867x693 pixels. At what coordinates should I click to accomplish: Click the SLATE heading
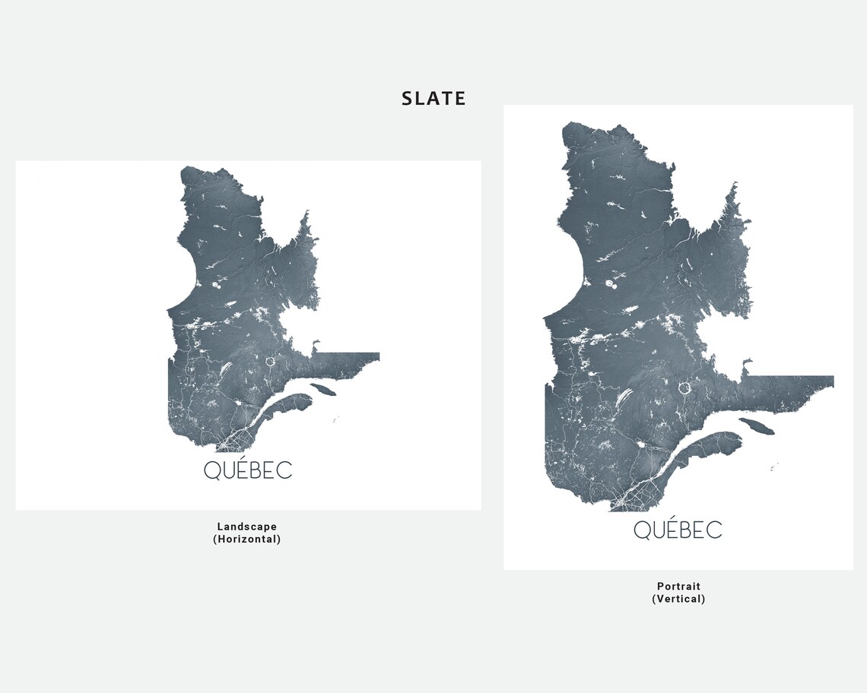pyautogui.click(x=433, y=98)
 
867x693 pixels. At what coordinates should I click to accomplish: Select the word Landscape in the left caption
pyautogui.click(x=247, y=527)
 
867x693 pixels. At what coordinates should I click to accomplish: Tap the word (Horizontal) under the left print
pyautogui.click(x=247, y=540)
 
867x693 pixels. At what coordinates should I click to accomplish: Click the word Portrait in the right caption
pyautogui.click(x=678, y=587)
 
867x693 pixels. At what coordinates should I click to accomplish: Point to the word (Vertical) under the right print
pyautogui.click(x=678, y=599)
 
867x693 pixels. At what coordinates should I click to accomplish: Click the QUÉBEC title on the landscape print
pyautogui.click(x=248, y=470)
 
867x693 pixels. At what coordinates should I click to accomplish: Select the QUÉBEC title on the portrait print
pyautogui.click(x=678, y=530)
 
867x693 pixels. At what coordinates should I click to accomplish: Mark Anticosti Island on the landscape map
pyautogui.click(x=325, y=389)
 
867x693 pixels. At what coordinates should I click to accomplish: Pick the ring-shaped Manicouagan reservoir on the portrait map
pyautogui.click(x=685, y=388)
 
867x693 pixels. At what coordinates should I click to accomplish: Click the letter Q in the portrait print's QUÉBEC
pyautogui.click(x=643, y=530)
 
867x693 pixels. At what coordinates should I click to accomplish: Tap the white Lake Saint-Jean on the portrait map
pyautogui.click(x=640, y=445)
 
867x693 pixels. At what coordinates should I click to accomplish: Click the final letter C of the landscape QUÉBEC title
pyautogui.click(x=284, y=471)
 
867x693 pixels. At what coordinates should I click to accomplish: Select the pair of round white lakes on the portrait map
pyautogui.click(x=611, y=285)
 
